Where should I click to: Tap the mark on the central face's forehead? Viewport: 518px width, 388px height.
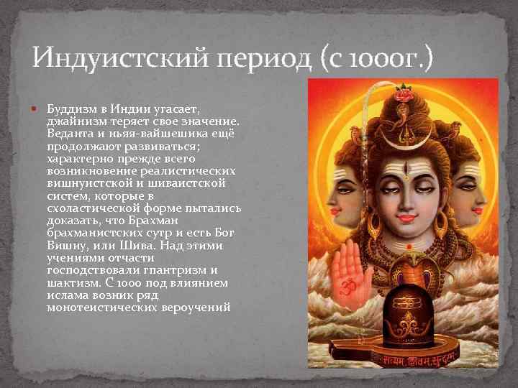[406, 172]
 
